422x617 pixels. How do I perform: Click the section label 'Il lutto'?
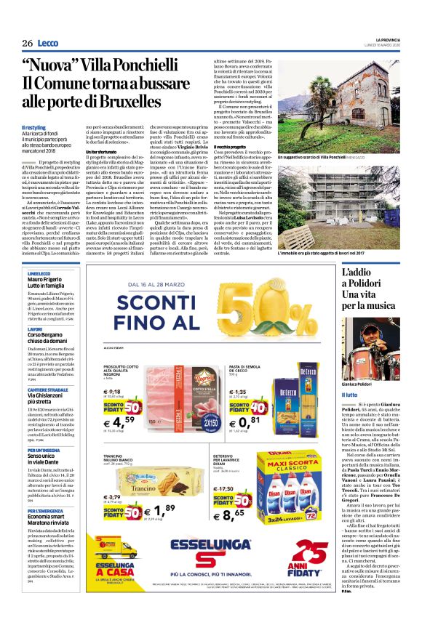[x=351, y=395]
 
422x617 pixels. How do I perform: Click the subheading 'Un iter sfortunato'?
[x=107, y=172]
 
